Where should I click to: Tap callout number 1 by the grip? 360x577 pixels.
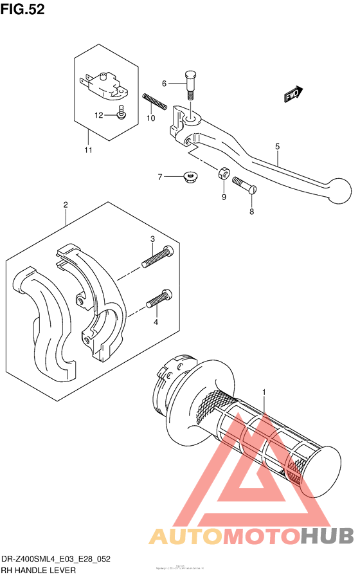[263, 392]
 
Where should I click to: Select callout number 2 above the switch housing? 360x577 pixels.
[66, 205]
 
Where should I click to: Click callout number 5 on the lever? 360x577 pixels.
[277, 147]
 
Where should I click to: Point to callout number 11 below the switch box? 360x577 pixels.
[87, 151]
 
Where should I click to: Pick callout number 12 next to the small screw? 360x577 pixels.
[99, 116]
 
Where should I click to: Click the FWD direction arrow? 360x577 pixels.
[294, 95]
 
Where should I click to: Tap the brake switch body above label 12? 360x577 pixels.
[105, 84]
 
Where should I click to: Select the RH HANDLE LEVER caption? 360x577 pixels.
[39, 570]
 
